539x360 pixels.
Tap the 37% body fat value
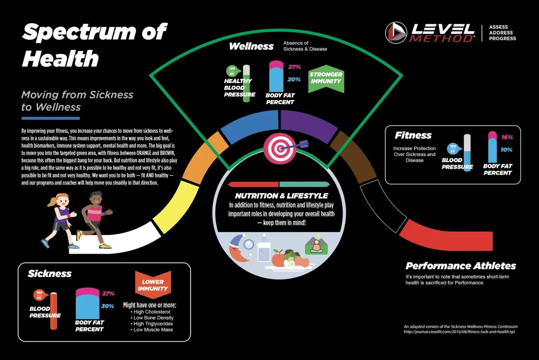[x=108, y=294]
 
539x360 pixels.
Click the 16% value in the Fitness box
[x=507, y=137]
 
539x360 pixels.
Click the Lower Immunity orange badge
[x=153, y=285]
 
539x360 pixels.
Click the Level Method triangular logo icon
[x=396, y=33]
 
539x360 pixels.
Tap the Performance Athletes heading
[x=461, y=266]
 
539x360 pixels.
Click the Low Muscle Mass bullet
[x=153, y=329]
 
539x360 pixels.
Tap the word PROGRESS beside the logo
[x=503, y=39]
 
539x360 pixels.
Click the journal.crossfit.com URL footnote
[x=459, y=332]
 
